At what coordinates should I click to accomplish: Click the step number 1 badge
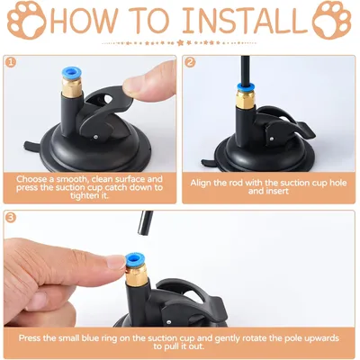[x=11, y=62]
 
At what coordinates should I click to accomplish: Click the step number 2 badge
[x=190, y=62]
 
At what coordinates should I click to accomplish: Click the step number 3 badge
[x=11, y=217]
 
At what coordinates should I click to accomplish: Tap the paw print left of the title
[x=26, y=21]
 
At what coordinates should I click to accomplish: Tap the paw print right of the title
[x=332, y=21]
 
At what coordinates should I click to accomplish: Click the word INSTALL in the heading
[x=244, y=21]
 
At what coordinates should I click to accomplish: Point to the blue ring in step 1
[x=72, y=73]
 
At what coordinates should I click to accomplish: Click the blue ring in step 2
[x=246, y=88]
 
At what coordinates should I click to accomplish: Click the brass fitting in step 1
[x=72, y=87]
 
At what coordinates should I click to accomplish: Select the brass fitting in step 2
[x=246, y=99]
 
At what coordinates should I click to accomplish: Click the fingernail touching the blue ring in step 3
[x=115, y=263]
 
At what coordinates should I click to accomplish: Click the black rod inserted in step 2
[x=246, y=70]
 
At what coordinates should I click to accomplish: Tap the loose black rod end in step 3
[x=146, y=222]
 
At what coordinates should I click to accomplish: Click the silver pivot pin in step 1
[x=95, y=137]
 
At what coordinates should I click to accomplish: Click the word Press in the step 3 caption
[x=30, y=338]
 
